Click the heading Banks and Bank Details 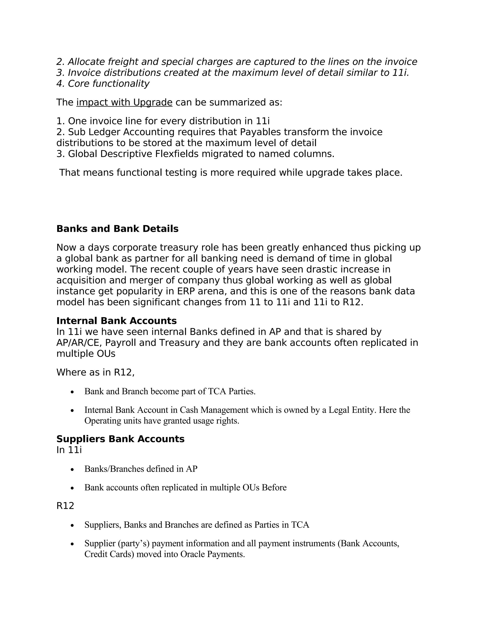coord(117,229)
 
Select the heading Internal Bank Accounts coord(116,321)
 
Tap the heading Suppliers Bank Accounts coord(120,439)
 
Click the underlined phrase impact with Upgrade coord(124,102)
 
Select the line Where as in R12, coord(95,372)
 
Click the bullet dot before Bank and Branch coord(73,392)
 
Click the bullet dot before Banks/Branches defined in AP coord(73,469)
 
